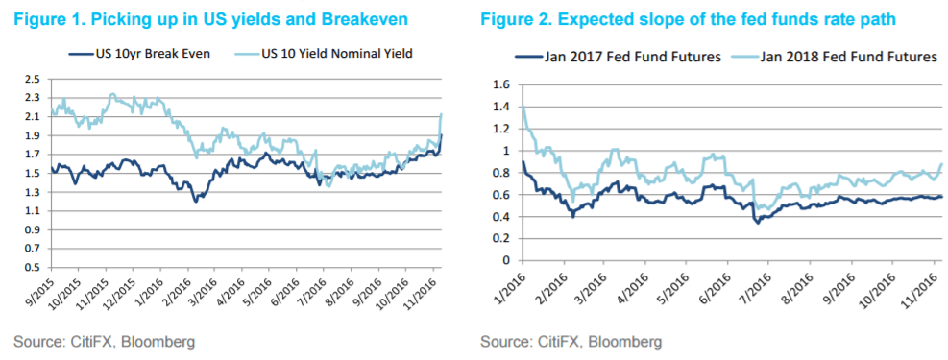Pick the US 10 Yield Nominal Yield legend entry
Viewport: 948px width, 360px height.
332,55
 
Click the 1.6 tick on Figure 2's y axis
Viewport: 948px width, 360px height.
499,84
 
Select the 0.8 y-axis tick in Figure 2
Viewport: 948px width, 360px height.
499,173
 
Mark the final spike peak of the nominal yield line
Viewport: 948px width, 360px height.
441,114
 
